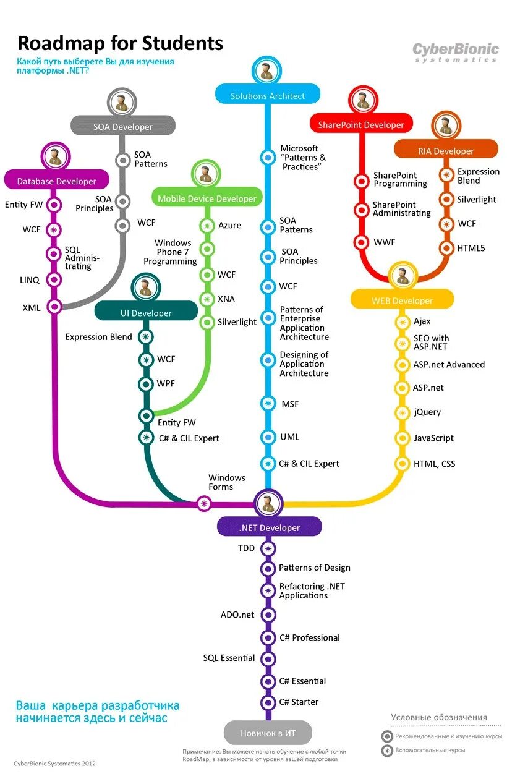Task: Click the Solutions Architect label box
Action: tap(268, 95)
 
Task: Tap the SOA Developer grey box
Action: tap(123, 126)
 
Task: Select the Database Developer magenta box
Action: tap(57, 181)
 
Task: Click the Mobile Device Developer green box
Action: tap(207, 198)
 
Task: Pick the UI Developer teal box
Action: tap(146, 312)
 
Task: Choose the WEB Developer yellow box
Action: tap(402, 300)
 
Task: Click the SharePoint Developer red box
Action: tap(360, 124)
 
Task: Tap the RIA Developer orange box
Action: tap(445, 150)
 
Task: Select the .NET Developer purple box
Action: tap(269, 527)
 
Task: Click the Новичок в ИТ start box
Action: tap(268, 733)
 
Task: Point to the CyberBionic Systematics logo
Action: tap(456, 52)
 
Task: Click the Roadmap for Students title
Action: tap(121, 43)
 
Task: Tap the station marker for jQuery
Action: tap(403, 412)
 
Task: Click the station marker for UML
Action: tap(268, 437)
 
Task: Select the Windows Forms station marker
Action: tap(203, 503)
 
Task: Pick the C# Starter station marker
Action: tap(268, 702)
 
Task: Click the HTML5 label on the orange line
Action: tap(471, 249)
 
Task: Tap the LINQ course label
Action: tap(29, 280)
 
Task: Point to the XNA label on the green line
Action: tap(226, 299)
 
